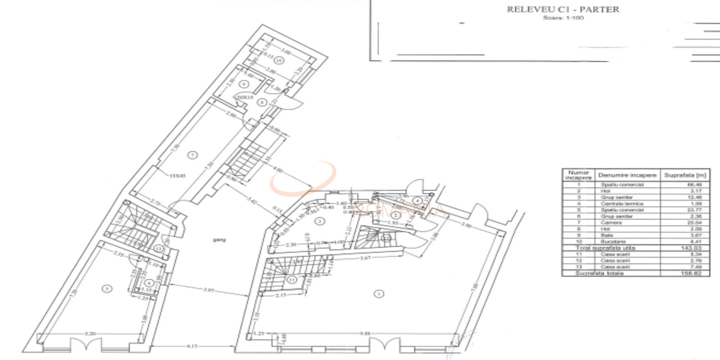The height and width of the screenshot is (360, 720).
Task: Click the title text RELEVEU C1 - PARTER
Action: [563, 9]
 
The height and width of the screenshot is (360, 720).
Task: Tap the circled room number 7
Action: [193, 155]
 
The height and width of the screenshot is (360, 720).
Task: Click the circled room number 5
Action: [107, 289]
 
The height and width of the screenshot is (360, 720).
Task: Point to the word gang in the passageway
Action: [219, 239]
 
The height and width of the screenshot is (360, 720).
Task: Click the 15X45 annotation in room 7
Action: [177, 176]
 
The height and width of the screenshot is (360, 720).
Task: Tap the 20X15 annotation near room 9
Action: [245, 97]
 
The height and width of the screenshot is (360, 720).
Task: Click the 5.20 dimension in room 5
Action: [90, 333]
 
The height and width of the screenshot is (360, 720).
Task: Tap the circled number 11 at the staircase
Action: [292, 280]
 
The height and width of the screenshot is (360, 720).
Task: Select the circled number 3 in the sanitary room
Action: [319, 221]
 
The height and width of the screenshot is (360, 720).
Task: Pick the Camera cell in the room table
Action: [611, 223]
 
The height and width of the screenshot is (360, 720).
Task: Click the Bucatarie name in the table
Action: [613, 242]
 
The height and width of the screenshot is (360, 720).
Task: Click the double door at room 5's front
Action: [86, 345]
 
